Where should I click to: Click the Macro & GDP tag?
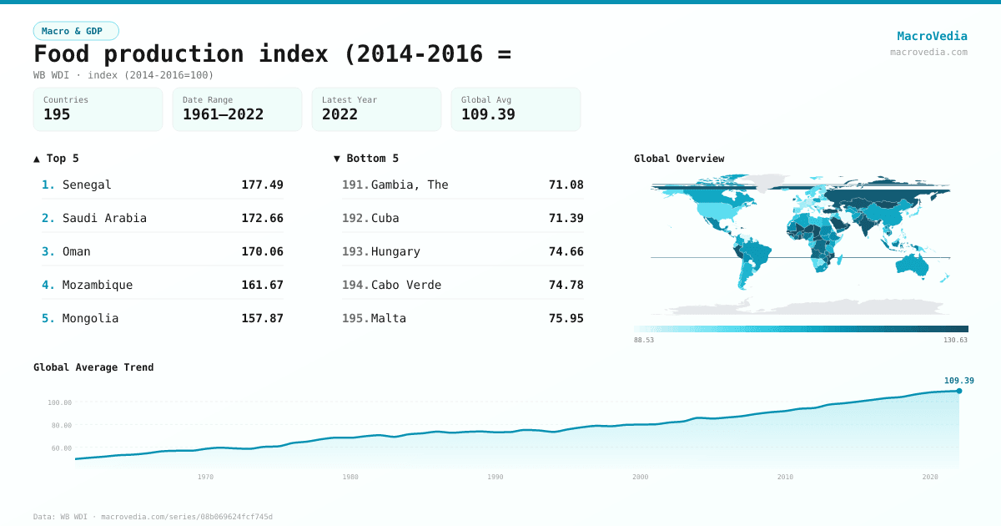click(x=76, y=31)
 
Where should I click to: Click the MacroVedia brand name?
click(x=932, y=36)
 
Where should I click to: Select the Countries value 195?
click(x=57, y=114)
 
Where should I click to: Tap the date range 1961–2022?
click(x=223, y=114)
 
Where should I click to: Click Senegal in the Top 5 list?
click(x=87, y=185)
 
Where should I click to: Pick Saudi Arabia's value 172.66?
click(x=262, y=218)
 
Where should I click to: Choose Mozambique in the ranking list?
click(x=97, y=285)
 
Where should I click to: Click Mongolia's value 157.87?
click(x=262, y=318)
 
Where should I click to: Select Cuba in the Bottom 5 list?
click(x=385, y=218)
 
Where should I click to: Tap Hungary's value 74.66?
click(x=566, y=251)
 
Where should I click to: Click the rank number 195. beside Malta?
click(x=355, y=318)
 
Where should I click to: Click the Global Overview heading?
click(x=679, y=159)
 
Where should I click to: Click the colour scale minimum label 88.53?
click(x=644, y=340)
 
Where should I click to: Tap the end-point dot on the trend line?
click(x=959, y=391)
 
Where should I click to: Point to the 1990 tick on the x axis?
click(x=495, y=477)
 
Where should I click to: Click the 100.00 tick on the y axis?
click(x=60, y=402)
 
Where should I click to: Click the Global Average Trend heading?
click(x=93, y=367)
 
